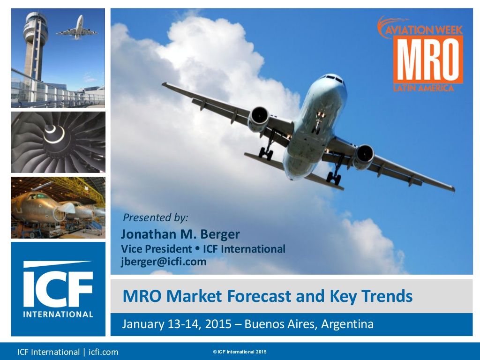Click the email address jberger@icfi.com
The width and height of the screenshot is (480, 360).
pyautogui.click(x=164, y=262)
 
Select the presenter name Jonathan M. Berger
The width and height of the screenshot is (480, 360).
pyautogui.click(x=180, y=234)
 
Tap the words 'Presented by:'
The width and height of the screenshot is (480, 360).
pyautogui.click(x=156, y=217)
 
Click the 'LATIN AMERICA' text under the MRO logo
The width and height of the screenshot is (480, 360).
pyautogui.click(x=423, y=88)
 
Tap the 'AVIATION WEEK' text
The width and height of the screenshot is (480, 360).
pyautogui.click(x=424, y=30)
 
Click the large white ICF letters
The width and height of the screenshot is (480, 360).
pyautogui.click(x=58, y=285)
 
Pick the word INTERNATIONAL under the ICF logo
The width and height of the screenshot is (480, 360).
pyautogui.click(x=58, y=315)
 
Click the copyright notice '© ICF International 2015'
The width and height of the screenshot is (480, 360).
pyautogui.click(x=240, y=352)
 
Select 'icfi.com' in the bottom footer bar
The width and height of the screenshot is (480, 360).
pyautogui.click(x=104, y=352)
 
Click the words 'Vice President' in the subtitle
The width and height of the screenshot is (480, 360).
pyautogui.click(x=157, y=249)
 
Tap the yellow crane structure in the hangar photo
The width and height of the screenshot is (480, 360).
pyautogui.click(x=80, y=189)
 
